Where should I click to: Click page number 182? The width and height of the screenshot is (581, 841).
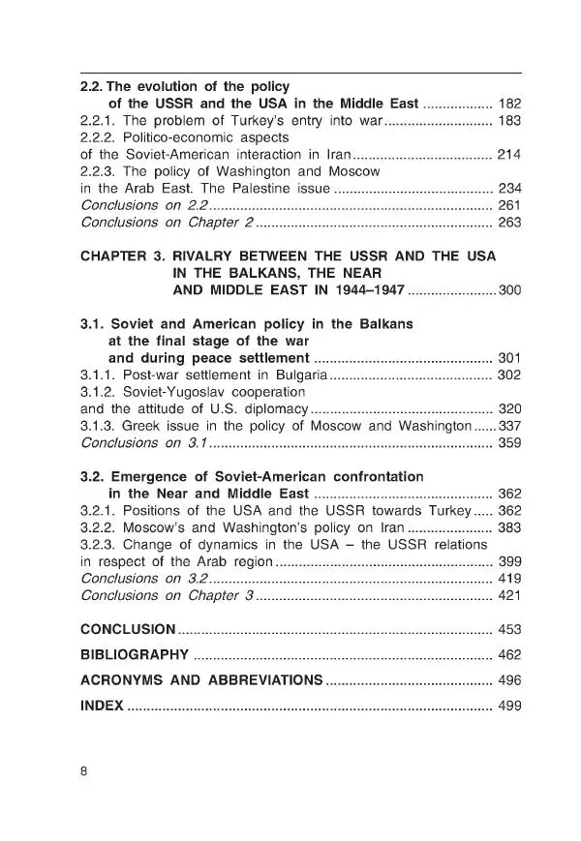[508, 104]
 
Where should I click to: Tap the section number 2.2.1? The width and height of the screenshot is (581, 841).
[98, 121]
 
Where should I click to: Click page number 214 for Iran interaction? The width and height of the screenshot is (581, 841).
[508, 154]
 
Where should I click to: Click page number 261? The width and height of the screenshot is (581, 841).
[508, 205]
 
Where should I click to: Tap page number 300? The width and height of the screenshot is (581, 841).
[508, 290]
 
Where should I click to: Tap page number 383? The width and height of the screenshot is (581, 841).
[508, 527]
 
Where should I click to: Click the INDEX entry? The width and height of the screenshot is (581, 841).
[102, 706]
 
